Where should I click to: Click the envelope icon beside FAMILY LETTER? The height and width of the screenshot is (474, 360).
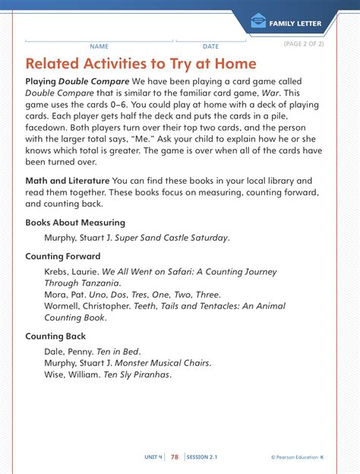point(258,23)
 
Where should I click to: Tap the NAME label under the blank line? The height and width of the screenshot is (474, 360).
point(99,46)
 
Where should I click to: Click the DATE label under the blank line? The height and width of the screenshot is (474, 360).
point(210,46)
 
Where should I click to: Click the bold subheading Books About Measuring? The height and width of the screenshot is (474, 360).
point(75,223)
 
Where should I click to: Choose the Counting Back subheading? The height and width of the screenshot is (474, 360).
point(55,336)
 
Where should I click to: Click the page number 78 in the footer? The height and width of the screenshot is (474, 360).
point(175,457)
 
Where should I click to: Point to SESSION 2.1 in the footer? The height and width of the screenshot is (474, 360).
point(202,457)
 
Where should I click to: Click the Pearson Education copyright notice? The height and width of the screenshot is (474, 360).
point(296,457)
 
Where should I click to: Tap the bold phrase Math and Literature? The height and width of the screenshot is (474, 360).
point(67,181)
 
